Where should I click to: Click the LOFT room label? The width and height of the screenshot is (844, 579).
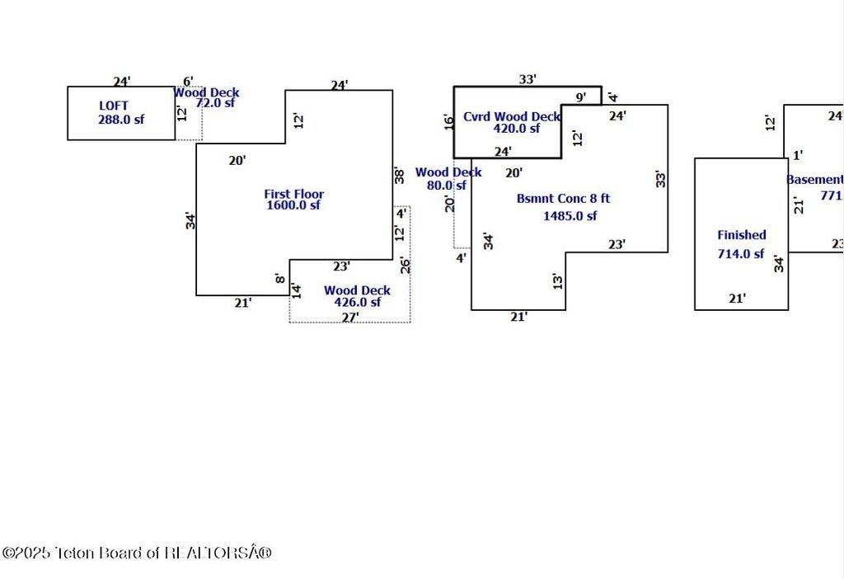(114, 106)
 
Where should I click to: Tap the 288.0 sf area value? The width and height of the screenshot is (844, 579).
(120, 119)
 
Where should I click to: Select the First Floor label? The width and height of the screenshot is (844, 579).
(293, 194)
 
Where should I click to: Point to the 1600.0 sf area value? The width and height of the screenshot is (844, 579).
(293, 205)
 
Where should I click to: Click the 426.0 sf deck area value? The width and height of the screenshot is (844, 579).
(357, 303)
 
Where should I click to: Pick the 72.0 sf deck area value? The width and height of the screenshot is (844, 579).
(215, 103)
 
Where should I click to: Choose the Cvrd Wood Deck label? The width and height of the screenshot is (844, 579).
(511, 116)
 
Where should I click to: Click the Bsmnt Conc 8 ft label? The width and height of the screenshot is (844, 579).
(564, 198)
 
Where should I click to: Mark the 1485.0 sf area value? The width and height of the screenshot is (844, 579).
(570, 216)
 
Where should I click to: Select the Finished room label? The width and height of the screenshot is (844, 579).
(742, 235)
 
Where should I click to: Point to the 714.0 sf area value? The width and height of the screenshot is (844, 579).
(741, 254)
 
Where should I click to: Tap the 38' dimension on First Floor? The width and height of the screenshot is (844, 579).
(400, 175)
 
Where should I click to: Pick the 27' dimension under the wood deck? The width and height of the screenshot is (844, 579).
(351, 317)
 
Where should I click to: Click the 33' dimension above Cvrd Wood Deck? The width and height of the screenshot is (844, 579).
(527, 79)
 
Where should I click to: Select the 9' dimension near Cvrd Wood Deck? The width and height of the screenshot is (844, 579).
(581, 97)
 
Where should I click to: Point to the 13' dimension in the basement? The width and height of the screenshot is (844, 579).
(558, 281)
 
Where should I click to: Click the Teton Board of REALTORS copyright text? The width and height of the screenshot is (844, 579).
(137, 553)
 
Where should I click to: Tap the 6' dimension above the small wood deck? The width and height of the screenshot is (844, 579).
(188, 81)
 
